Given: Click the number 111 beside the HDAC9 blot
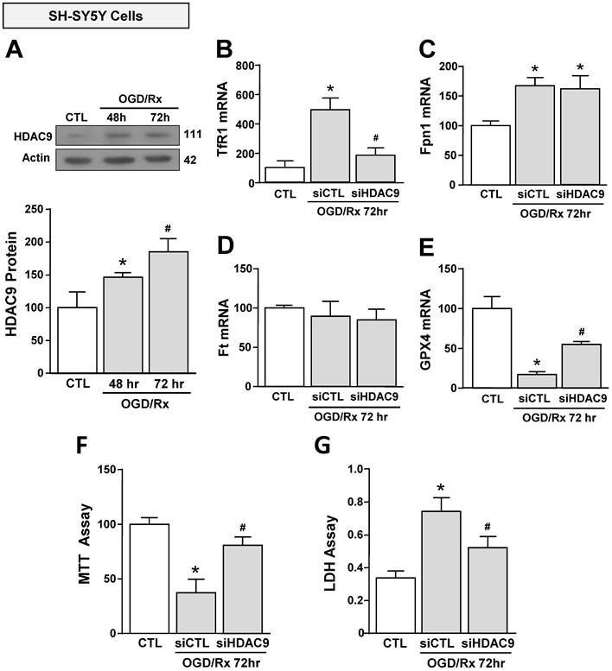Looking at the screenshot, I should click(x=190, y=136).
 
